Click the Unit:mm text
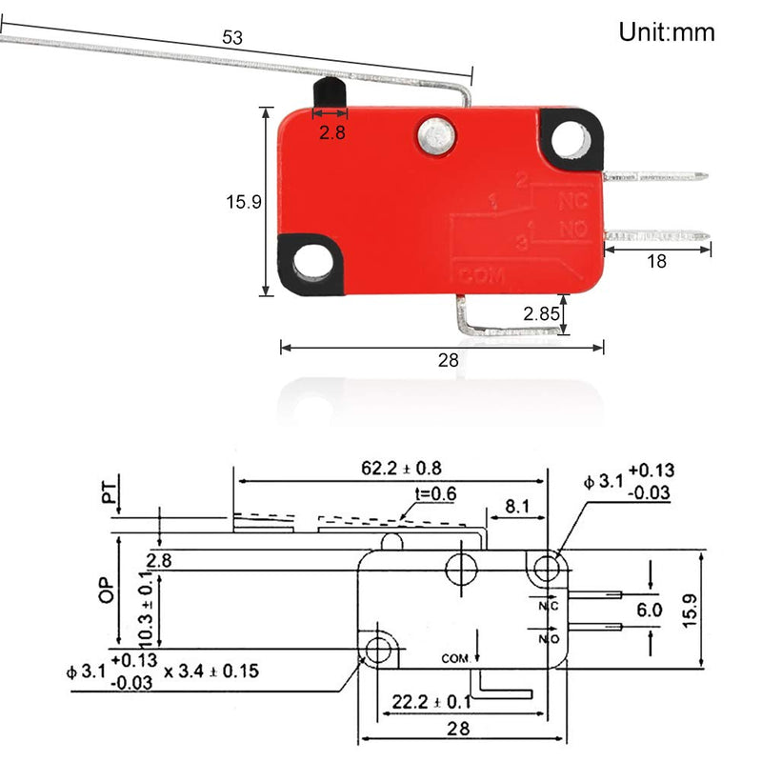[x=667, y=32]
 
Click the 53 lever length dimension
[x=232, y=38]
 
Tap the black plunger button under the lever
[x=325, y=95]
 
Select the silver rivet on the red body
[x=436, y=136]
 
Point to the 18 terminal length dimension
[x=656, y=262]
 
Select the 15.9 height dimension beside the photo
[x=243, y=202]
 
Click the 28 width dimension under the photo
[x=448, y=360]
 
